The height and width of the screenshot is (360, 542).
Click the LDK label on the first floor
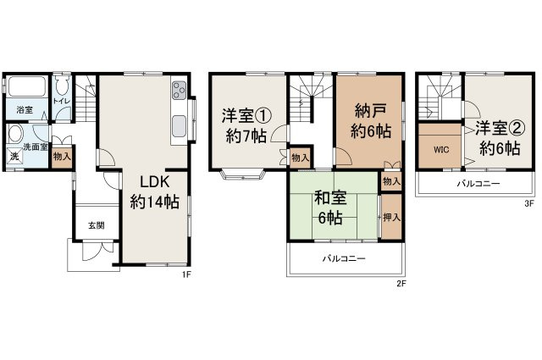[x=154, y=181]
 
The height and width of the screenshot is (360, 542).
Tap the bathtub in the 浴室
[x=26, y=86]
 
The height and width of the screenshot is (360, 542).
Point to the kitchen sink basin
[x=179, y=126]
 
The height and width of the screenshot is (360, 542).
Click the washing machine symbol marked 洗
[x=14, y=157]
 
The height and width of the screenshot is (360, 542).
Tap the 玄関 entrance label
[x=97, y=226]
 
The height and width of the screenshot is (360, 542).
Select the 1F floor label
[x=186, y=274]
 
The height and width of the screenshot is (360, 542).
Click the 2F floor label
[x=401, y=284]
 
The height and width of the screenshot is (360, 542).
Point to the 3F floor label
[x=528, y=203]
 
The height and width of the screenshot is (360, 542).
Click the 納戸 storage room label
[x=369, y=111]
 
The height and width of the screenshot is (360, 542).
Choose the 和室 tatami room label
[x=330, y=199]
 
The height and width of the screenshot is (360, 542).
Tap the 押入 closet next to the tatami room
[x=391, y=217]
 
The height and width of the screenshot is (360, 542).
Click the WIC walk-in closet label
[x=441, y=150]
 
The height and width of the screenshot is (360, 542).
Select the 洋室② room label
[x=500, y=128]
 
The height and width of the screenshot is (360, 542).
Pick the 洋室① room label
[x=246, y=115]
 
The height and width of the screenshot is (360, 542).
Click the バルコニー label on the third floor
[x=478, y=183]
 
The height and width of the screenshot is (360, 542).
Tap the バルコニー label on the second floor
[x=344, y=258]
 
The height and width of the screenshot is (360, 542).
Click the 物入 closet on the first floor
[x=62, y=157]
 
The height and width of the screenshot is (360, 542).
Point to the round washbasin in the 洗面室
[x=16, y=134]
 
